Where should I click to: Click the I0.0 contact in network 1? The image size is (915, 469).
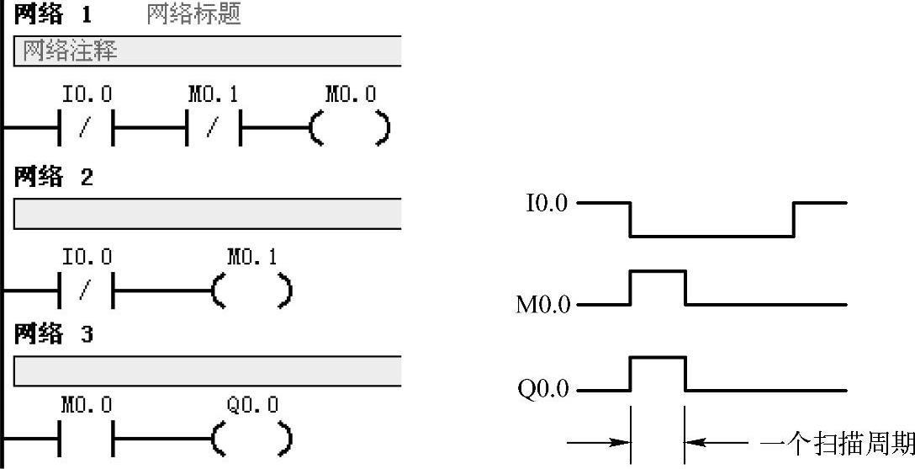86,130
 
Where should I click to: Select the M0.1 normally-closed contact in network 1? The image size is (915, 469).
213,130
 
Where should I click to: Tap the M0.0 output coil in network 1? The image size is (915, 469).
350,130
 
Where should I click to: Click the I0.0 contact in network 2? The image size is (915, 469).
86,291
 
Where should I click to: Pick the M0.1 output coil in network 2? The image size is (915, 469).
251,291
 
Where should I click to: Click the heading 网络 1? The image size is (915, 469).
53,15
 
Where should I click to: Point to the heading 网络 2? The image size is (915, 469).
53,178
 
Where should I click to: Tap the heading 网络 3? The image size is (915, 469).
53,334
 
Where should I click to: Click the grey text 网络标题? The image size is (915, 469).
194,15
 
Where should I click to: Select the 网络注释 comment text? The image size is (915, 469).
70,51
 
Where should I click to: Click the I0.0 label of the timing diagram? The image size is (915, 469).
547,204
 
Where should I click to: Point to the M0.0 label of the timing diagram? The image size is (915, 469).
542,305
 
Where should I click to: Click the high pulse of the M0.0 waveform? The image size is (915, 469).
658,272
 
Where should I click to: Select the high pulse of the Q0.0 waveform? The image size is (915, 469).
658,358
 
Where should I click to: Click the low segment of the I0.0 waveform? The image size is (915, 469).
711,236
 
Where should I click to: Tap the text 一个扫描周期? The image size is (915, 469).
836,443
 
